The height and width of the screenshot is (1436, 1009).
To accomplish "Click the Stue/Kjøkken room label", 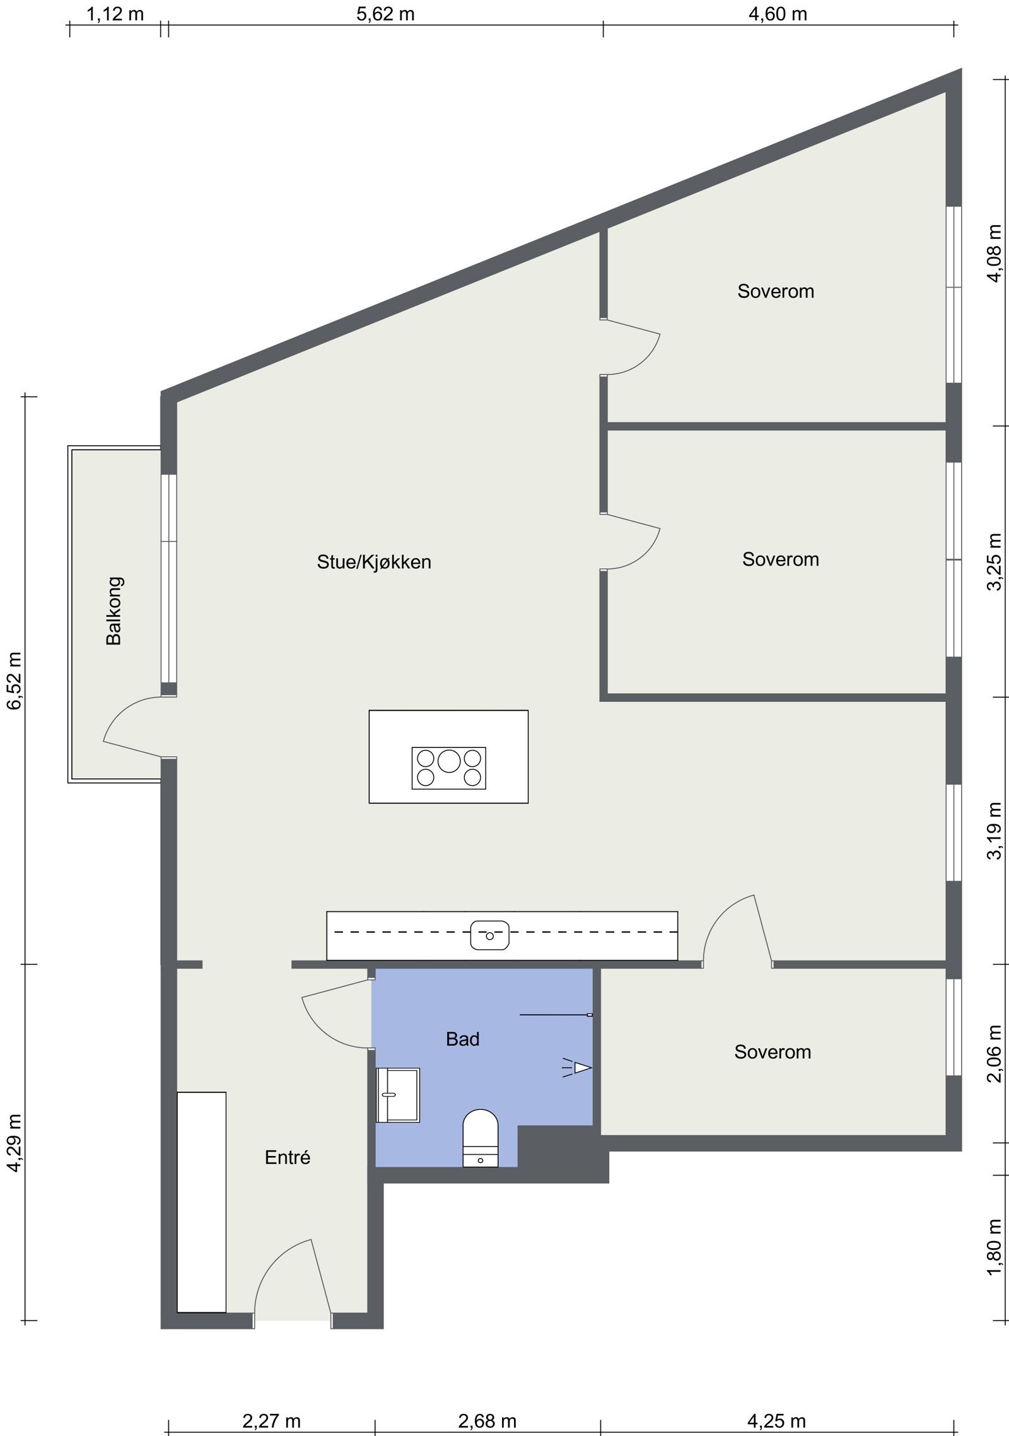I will point(374,562).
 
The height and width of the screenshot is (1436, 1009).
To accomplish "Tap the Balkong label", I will point(114,610).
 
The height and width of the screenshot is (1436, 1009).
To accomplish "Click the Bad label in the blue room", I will point(462,1039).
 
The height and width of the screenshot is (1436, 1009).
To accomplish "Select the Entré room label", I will point(288,1157).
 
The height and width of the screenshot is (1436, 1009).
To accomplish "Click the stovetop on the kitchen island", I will point(448,768).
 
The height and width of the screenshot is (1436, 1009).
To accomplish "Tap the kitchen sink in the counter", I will point(489,935).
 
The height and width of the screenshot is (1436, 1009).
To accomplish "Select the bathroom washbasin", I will point(397,1095).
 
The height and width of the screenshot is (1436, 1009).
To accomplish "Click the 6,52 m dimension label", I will point(14,680).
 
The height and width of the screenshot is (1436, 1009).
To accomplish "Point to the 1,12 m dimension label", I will point(115,14).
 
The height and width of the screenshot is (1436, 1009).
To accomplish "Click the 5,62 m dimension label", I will point(385,14).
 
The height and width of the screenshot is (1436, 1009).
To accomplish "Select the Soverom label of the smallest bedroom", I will point(772,1051).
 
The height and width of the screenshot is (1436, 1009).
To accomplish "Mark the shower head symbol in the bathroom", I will point(578,1067).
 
